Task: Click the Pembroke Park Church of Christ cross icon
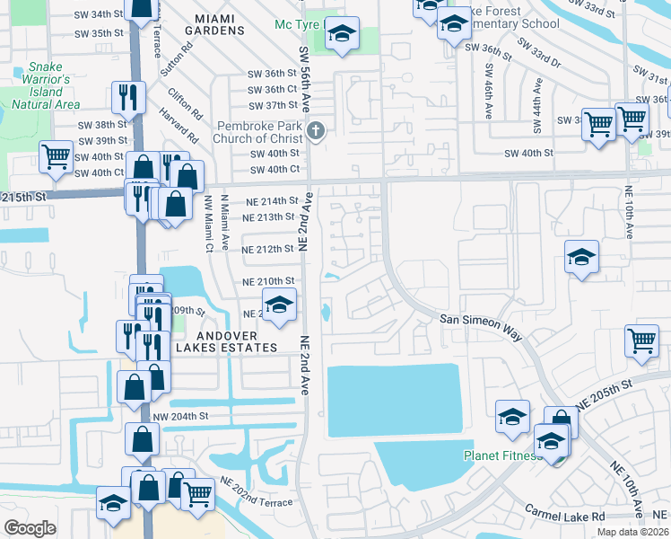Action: pyautogui.click(x=315, y=131)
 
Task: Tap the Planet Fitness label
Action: pyautogui.click(x=500, y=455)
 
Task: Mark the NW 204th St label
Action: pyautogui.click(x=180, y=416)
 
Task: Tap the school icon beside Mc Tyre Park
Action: pyautogui.click(x=342, y=35)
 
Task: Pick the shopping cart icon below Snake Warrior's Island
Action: pyautogui.click(x=56, y=156)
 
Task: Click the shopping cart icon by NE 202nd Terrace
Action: pyautogui.click(x=196, y=493)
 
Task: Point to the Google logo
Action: pyautogui.click(x=30, y=527)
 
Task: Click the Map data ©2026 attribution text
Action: pyautogui.click(x=633, y=532)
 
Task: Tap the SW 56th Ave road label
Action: pyautogui.click(x=307, y=75)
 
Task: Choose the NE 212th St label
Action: pyautogui.click(x=269, y=249)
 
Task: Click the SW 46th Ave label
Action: pyautogui.click(x=490, y=91)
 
